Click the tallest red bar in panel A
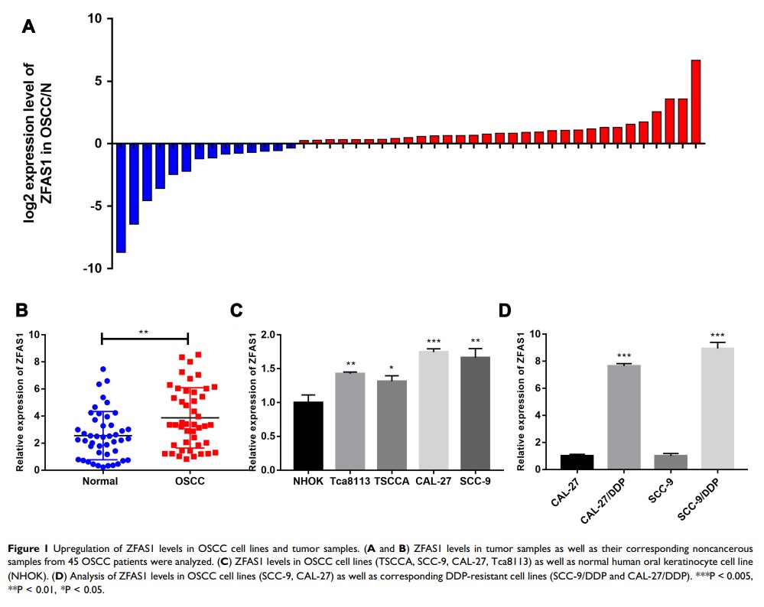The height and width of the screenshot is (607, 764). (x=695, y=101)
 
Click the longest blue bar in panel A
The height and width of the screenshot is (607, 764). (x=121, y=197)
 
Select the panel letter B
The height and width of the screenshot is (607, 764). (x=21, y=310)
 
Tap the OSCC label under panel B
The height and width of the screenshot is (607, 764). (x=187, y=482)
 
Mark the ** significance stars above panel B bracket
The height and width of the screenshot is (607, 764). (x=144, y=333)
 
